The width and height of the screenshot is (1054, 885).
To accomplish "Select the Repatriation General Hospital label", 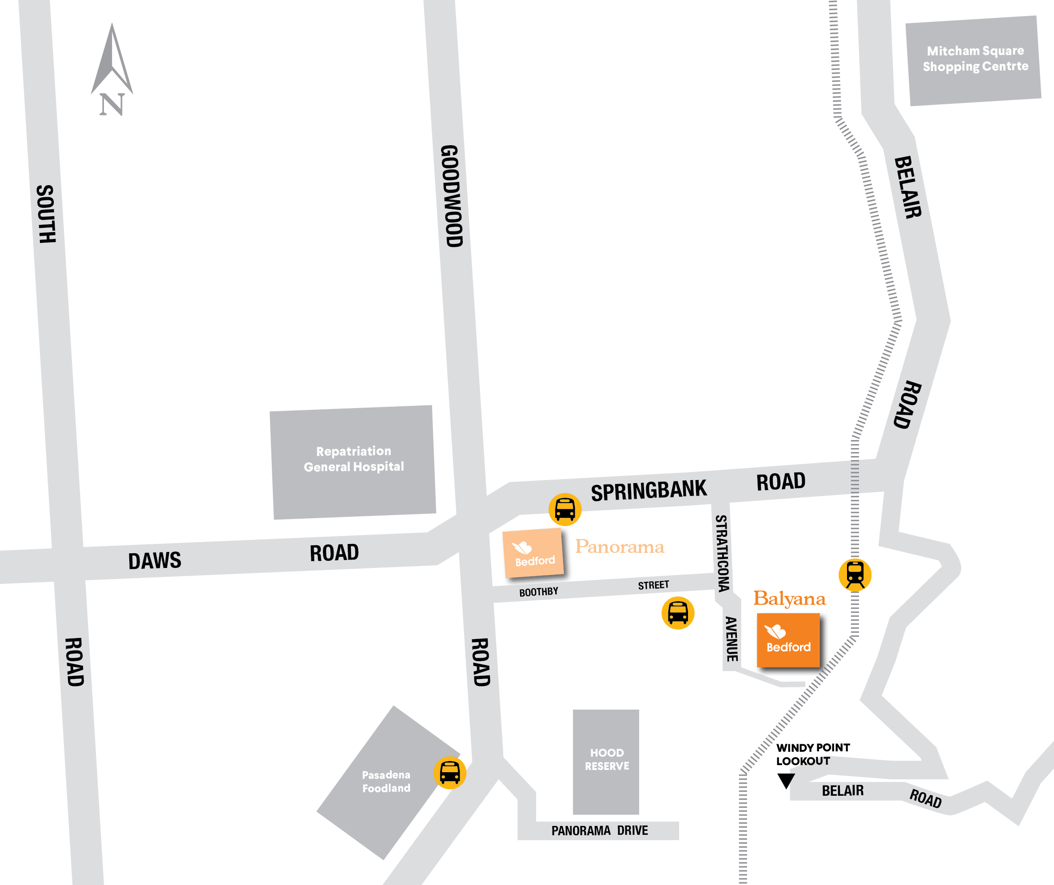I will [354, 459].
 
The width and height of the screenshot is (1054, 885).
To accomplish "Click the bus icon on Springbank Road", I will [565, 509].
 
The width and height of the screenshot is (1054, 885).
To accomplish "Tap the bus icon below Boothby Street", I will [678, 613].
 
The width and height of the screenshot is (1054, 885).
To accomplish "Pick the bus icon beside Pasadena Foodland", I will [449, 773].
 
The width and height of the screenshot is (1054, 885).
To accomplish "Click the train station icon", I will [855, 575].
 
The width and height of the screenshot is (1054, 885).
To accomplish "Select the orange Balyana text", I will [789, 599].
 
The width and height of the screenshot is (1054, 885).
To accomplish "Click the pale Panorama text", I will [619, 546].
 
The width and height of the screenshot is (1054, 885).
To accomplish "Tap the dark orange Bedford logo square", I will [788, 640].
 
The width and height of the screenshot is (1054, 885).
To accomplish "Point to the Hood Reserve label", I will [607, 759].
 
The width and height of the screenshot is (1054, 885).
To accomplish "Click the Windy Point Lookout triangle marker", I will [786, 780].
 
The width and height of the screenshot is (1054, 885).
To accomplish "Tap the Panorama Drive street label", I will [599, 831].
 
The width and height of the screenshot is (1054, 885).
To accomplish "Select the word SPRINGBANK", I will [648, 491].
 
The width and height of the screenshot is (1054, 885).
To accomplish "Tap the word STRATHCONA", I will [722, 553].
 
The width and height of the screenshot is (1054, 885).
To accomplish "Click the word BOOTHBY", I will [538, 592].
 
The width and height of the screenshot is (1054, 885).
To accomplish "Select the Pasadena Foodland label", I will [386, 781].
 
